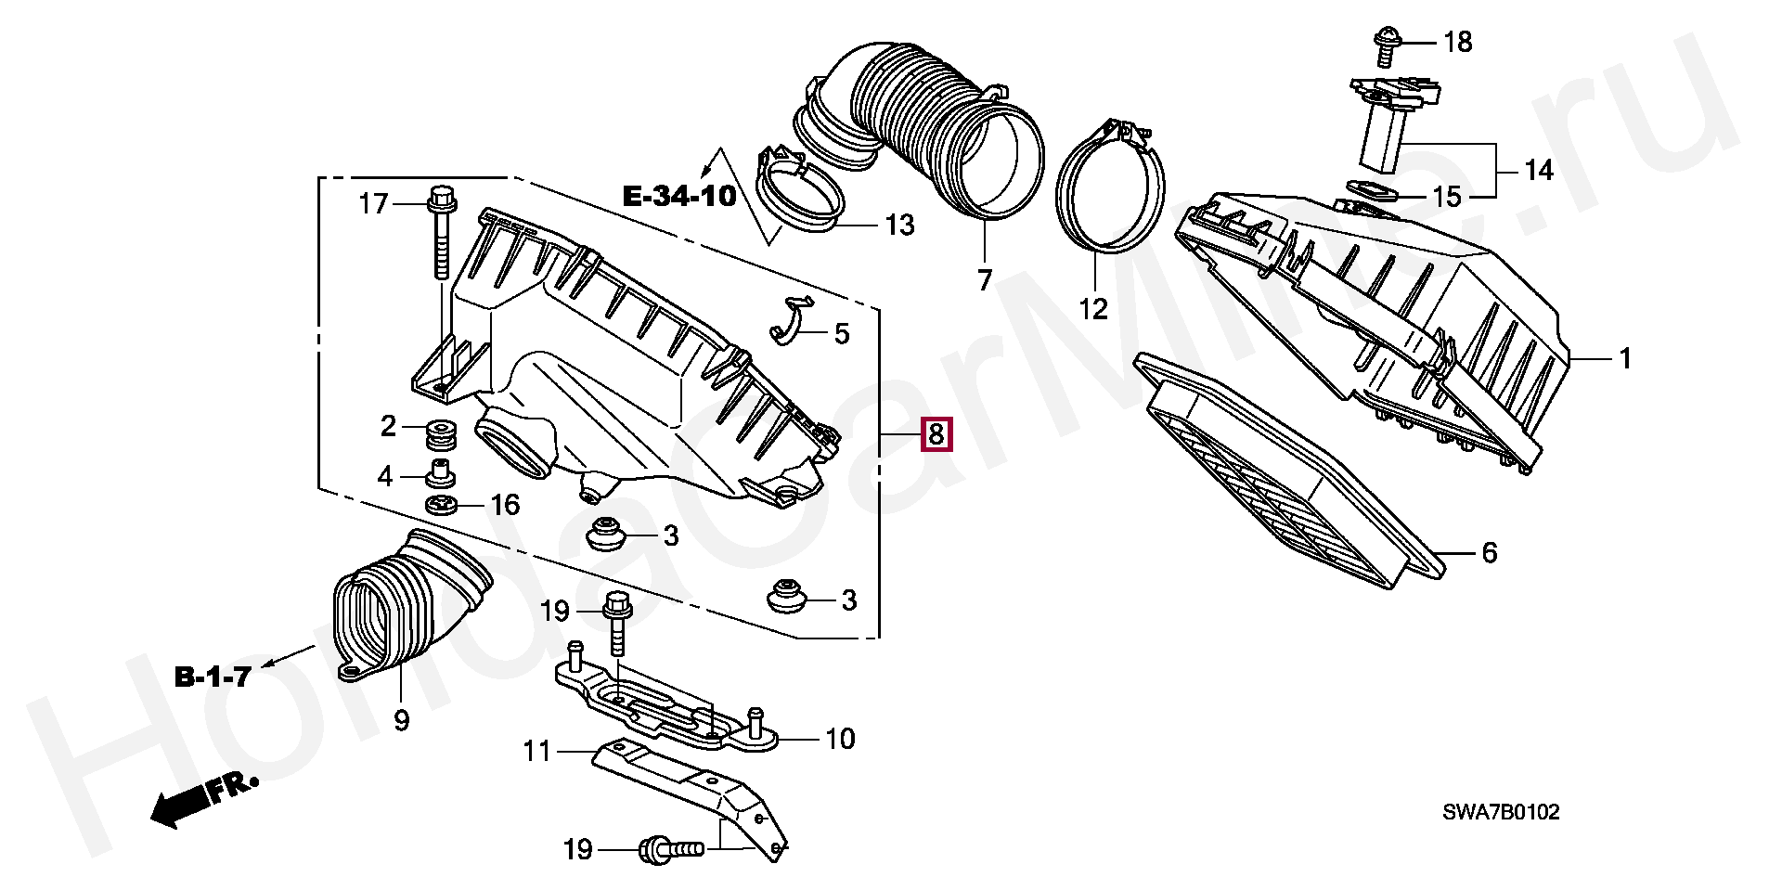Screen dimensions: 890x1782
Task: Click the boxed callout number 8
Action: click(x=936, y=433)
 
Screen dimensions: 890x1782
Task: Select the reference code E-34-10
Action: click(x=678, y=196)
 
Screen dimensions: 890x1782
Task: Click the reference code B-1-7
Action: click(x=213, y=677)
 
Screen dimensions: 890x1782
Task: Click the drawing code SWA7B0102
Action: click(x=1500, y=813)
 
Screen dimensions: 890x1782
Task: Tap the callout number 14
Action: click(x=1538, y=171)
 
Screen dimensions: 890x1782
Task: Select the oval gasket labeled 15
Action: click(x=1368, y=190)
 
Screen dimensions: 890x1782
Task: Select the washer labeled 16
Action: click(x=441, y=505)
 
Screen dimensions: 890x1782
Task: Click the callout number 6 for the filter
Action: click(x=1489, y=553)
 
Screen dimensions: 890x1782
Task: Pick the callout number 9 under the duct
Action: click(x=401, y=720)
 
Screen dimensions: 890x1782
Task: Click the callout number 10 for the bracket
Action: click(x=840, y=739)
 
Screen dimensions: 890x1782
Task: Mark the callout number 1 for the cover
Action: click(x=1624, y=358)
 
